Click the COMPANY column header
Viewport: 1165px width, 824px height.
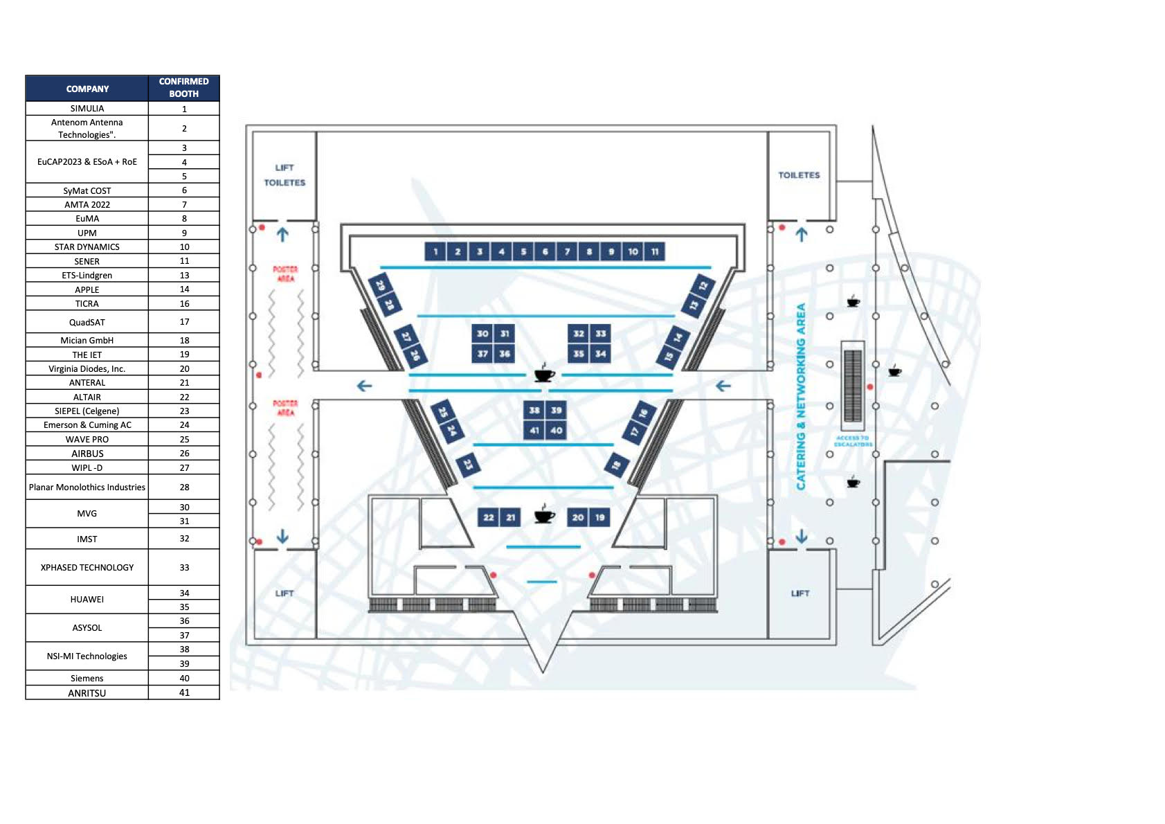pos(87,89)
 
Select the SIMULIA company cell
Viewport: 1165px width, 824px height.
pos(87,109)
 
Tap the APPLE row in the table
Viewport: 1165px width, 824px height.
pos(87,289)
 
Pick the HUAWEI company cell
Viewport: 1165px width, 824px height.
pos(87,600)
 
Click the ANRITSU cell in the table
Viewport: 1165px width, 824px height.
pos(87,692)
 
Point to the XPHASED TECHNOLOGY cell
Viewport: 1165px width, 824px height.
pos(87,567)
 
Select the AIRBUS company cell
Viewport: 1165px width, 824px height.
pos(87,454)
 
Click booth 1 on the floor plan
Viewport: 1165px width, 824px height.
pos(435,251)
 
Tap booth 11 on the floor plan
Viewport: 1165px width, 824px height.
pos(655,251)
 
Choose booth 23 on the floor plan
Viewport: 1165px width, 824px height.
pos(468,464)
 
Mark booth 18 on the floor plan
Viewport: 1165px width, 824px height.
pos(616,465)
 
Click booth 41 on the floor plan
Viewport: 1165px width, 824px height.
pos(534,430)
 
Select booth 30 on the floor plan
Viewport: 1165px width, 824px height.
pos(482,333)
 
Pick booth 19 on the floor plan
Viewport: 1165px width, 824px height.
pos(599,517)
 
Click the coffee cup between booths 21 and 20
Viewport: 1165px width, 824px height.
pos(545,515)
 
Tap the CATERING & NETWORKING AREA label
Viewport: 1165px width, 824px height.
pos(801,396)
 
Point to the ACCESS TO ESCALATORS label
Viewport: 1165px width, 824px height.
pos(853,441)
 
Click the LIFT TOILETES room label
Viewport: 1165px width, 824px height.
pos(285,175)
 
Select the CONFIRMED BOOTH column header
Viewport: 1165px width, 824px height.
pos(184,88)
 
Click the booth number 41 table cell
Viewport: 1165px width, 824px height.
pos(184,692)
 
